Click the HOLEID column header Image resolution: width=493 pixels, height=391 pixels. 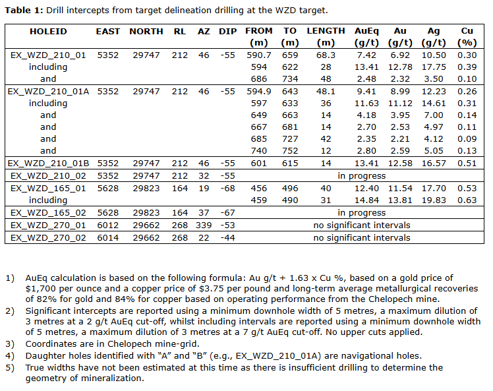[x=48, y=31]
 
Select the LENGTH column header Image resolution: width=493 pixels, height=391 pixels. [x=326, y=31]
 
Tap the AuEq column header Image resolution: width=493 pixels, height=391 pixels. [x=366, y=31]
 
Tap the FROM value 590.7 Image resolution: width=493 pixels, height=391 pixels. [x=259, y=55]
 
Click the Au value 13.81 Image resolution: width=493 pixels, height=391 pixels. [x=399, y=200]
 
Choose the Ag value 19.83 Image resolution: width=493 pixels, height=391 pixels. [x=433, y=200]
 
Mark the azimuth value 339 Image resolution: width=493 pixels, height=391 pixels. [x=204, y=225]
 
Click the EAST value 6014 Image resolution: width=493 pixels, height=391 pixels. [x=108, y=237]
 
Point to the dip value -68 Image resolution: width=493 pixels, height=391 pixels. [x=227, y=189]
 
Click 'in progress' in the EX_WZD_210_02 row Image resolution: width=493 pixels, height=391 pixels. [x=362, y=176]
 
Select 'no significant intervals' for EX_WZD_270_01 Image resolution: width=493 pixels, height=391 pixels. [x=361, y=225]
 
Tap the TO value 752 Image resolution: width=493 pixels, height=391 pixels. [x=291, y=151]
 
